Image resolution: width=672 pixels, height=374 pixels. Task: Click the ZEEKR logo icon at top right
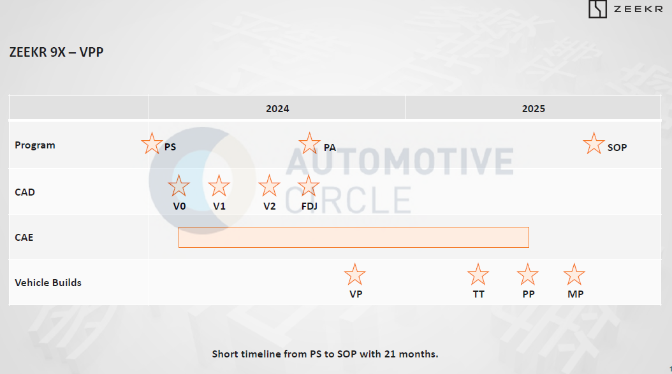597,9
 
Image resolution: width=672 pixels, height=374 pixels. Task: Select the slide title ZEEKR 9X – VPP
57,52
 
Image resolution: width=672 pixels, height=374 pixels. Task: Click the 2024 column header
277,109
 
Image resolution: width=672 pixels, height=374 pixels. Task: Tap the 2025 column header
533,109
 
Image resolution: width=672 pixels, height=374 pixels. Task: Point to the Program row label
34,145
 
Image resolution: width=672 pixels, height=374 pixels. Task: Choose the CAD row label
25,192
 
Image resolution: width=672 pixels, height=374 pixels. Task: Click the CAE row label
24,238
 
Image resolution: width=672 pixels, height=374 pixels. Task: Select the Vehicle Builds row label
48,283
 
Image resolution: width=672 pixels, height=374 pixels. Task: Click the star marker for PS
152,143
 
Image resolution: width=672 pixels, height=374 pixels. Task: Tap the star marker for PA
309,143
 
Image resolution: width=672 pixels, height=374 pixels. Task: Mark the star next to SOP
594,143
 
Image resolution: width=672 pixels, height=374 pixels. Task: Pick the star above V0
179,186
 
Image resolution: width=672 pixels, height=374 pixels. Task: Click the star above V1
219,186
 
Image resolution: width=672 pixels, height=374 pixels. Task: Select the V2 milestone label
269,206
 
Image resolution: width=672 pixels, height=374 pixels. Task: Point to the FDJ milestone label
309,206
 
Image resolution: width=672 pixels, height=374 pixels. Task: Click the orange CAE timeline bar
354,238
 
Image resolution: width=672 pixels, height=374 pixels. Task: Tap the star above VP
355,275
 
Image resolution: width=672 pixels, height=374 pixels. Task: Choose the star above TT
478,275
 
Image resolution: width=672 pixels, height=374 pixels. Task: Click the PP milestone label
529,294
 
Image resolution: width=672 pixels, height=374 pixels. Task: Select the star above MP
574,275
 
